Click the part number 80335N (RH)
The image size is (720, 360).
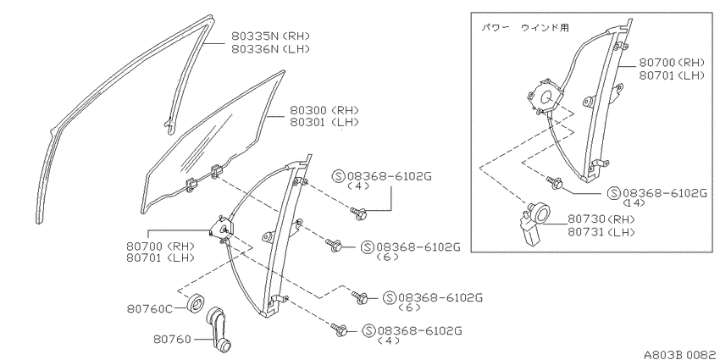click(270, 36)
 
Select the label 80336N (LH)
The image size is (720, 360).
click(270, 48)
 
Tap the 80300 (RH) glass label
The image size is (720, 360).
click(324, 110)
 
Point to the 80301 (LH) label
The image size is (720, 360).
click(324, 122)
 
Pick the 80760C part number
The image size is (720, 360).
click(150, 308)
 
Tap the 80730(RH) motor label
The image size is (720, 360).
click(601, 219)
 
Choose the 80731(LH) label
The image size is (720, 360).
click(601, 232)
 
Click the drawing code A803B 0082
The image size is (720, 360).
click(681, 354)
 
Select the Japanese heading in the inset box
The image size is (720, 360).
click(525, 28)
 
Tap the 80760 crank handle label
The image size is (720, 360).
click(172, 340)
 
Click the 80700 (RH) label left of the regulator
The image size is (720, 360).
click(160, 246)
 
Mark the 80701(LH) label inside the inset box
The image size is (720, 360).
click(672, 75)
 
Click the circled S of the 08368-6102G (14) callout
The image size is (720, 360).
click(614, 193)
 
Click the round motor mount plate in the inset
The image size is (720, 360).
click(545, 97)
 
